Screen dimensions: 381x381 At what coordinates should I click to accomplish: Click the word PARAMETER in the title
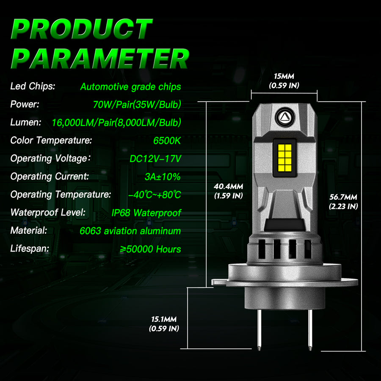pyautogui.click(x=99, y=59)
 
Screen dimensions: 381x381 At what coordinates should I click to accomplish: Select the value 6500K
pyautogui.click(x=167, y=141)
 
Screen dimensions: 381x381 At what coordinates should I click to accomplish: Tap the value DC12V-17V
pyautogui.click(x=155, y=159)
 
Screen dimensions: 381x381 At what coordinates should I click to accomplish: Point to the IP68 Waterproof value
pyautogui.click(x=146, y=213)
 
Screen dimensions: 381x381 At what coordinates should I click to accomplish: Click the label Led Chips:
pyautogui.click(x=33, y=87)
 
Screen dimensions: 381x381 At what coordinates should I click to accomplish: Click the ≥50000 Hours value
pyautogui.click(x=150, y=249)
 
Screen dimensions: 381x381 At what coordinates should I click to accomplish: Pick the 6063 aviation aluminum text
pyautogui.click(x=130, y=231)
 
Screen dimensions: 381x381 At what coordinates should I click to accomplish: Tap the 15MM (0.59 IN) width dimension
pyautogui.click(x=284, y=81)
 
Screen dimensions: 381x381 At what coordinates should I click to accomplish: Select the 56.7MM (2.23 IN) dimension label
pyautogui.click(x=343, y=202)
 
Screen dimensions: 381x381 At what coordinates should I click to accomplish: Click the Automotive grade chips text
pyautogui.click(x=130, y=87)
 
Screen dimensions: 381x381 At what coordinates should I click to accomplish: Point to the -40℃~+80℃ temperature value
pyautogui.click(x=155, y=195)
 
